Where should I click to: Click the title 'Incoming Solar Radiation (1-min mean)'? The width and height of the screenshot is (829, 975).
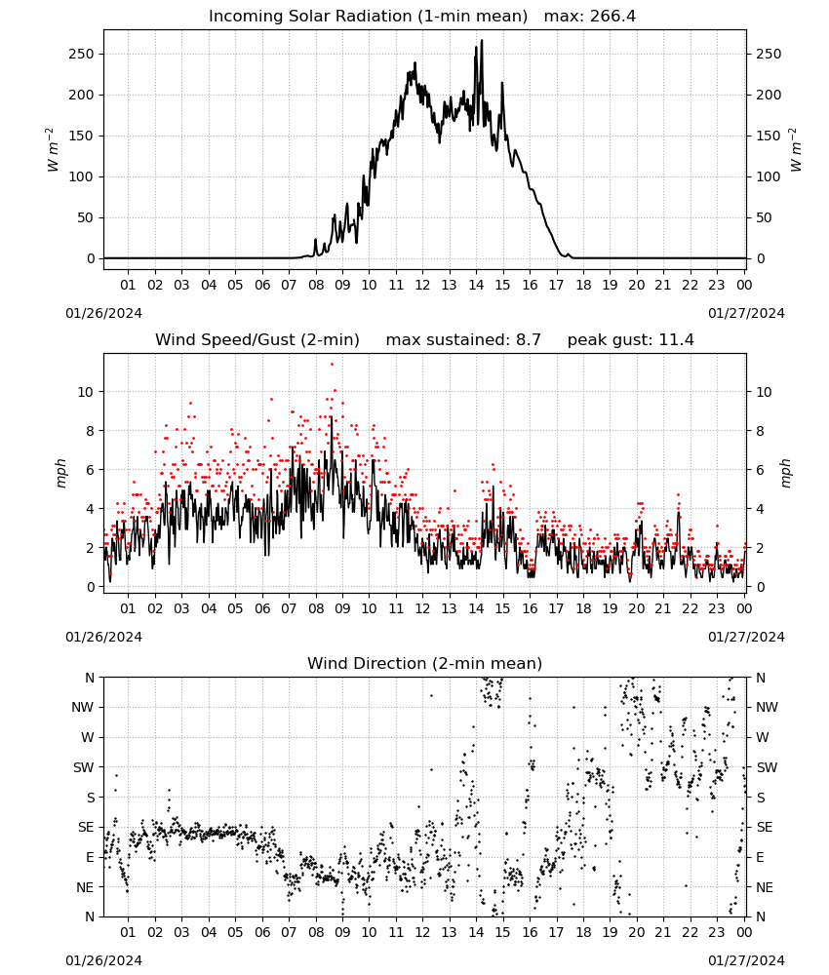coord(368,17)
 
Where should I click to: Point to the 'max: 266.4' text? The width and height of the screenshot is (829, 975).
coord(590,17)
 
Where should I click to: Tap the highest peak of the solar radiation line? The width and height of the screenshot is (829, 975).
coord(482,40)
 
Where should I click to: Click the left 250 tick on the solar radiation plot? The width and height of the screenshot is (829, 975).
coord(82,54)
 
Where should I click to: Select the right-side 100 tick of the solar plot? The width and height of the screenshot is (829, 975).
coord(769,176)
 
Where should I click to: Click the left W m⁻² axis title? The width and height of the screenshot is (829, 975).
coord(52,150)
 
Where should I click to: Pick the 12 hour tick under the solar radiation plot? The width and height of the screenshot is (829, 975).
coord(422,285)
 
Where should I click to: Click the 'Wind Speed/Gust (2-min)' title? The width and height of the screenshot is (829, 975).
coord(257,340)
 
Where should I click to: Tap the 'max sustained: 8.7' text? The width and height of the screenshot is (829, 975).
coord(463,340)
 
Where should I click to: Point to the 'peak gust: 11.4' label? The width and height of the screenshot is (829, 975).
coord(631,340)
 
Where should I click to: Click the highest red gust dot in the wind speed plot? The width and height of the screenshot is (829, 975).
coord(333,364)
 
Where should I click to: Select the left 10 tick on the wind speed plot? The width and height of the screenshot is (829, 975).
coord(86,392)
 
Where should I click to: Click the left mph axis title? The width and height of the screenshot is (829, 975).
coord(60,473)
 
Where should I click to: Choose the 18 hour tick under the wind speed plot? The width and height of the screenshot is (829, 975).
coord(582,608)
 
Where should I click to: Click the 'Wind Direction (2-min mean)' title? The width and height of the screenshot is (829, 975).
coord(425,664)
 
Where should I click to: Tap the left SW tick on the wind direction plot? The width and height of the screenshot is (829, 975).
coord(84,767)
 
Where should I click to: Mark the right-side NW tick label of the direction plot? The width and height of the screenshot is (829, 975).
coord(767,707)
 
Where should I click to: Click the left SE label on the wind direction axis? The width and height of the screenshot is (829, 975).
coord(86,827)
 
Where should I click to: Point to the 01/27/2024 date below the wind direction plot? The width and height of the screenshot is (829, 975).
coord(746,960)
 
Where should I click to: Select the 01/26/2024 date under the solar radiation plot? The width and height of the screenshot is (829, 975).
coord(103,313)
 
